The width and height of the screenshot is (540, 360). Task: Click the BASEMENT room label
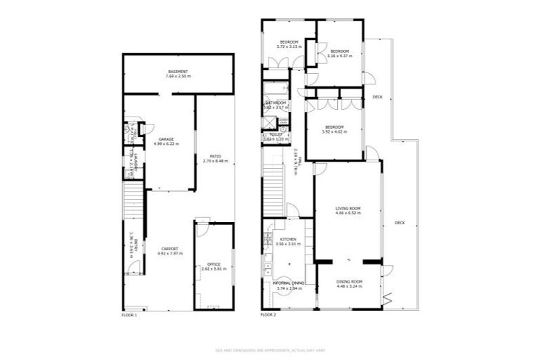pos(177,71)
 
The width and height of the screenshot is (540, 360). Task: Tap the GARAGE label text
pos(166,139)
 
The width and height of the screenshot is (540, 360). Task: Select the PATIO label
pos(215,156)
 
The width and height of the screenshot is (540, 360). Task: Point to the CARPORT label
pos(168,248)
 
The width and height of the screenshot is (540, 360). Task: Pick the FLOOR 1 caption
pos(129,315)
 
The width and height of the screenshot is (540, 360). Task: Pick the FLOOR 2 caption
pos(268,315)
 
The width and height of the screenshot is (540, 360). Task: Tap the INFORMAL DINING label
pos(289,283)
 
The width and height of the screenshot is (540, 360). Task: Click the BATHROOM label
pos(276,103)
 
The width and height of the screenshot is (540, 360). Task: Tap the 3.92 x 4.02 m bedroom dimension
pos(335,131)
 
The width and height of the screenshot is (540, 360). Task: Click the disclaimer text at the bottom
pos(269,349)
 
